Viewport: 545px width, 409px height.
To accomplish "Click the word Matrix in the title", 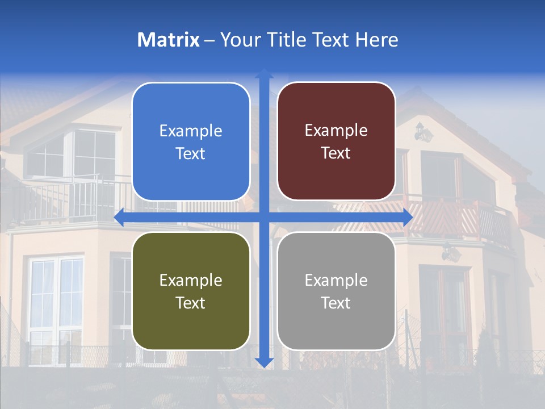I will (169, 40).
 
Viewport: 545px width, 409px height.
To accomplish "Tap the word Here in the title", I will (377, 40).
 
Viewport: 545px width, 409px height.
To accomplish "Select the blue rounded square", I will (191, 141).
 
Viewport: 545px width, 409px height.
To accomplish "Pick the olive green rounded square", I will (191, 291).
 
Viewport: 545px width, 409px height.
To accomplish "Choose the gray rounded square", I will (336, 291).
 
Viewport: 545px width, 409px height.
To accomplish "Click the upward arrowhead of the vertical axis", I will (264, 73).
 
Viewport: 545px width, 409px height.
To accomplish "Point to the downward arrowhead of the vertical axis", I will (264, 362).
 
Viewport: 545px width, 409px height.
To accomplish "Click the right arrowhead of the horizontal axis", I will (407, 218).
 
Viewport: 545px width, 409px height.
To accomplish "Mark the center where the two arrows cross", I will (264, 218).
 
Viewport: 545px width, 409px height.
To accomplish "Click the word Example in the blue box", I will (191, 131).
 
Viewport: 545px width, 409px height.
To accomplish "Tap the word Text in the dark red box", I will (336, 153).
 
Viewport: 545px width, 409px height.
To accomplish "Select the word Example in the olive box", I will (191, 280).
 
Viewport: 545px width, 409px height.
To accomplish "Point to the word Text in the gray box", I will (336, 303).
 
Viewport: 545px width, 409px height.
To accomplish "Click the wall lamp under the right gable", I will (422, 133).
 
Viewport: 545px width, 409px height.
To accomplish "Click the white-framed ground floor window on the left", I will (56, 301).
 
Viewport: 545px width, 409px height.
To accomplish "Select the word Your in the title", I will (238, 40).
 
